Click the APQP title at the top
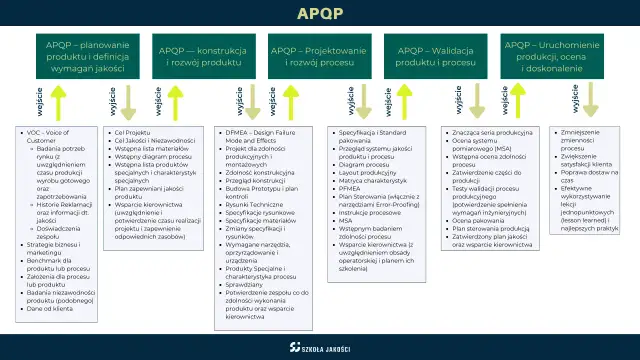(319, 14)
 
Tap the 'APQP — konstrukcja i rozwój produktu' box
(208, 56)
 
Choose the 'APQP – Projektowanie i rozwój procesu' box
(319, 56)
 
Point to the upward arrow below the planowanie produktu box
(57, 104)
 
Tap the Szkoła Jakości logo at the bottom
(319, 347)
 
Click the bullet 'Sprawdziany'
(246, 283)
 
